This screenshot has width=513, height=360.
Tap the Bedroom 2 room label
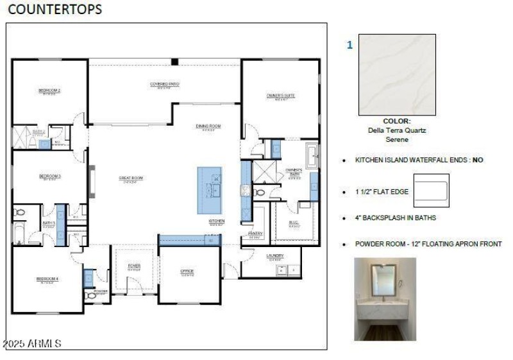click(49, 90)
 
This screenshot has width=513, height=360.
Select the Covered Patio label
click(164, 84)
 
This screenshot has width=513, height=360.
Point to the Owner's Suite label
click(280, 96)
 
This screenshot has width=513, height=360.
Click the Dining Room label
click(208, 126)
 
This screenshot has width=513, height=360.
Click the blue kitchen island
click(209, 190)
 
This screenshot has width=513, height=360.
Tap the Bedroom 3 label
click(49, 176)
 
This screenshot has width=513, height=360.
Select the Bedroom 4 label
click(47, 279)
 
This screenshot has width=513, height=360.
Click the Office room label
click(187, 271)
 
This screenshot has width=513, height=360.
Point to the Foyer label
click(134, 265)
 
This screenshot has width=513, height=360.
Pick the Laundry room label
click(275, 255)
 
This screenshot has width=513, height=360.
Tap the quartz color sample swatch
click(397, 74)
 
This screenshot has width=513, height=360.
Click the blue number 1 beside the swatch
click(349, 46)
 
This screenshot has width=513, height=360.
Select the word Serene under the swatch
click(397, 139)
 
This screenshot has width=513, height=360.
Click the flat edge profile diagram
click(431, 191)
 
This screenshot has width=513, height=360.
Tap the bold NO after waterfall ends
click(478, 160)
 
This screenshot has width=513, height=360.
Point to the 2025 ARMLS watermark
click(33, 344)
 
